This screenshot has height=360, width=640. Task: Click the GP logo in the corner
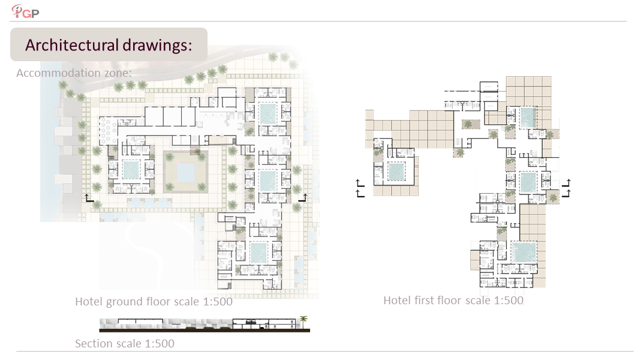[x=25, y=11]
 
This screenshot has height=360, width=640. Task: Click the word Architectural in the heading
[x=72, y=45]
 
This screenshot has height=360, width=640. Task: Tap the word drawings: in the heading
[x=157, y=45]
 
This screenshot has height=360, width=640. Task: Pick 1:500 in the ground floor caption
[x=218, y=301]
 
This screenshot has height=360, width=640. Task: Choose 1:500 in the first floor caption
[x=509, y=300]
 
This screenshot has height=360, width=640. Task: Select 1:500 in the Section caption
[x=159, y=343]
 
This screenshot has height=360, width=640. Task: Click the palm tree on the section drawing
[x=304, y=322]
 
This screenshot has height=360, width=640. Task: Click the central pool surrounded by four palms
[x=186, y=172]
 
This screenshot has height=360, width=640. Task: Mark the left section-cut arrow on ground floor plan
[x=89, y=199]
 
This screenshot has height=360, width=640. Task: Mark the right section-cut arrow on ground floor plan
[x=303, y=198]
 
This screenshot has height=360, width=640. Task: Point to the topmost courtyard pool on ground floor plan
[x=268, y=114]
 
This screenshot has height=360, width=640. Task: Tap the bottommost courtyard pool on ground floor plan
[x=258, y=253]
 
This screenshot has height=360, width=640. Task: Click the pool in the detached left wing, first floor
[x=396, y=172]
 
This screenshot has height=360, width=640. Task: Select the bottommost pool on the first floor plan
[x=524, y=252]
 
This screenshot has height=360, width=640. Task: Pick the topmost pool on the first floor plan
[x=527, y=117]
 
